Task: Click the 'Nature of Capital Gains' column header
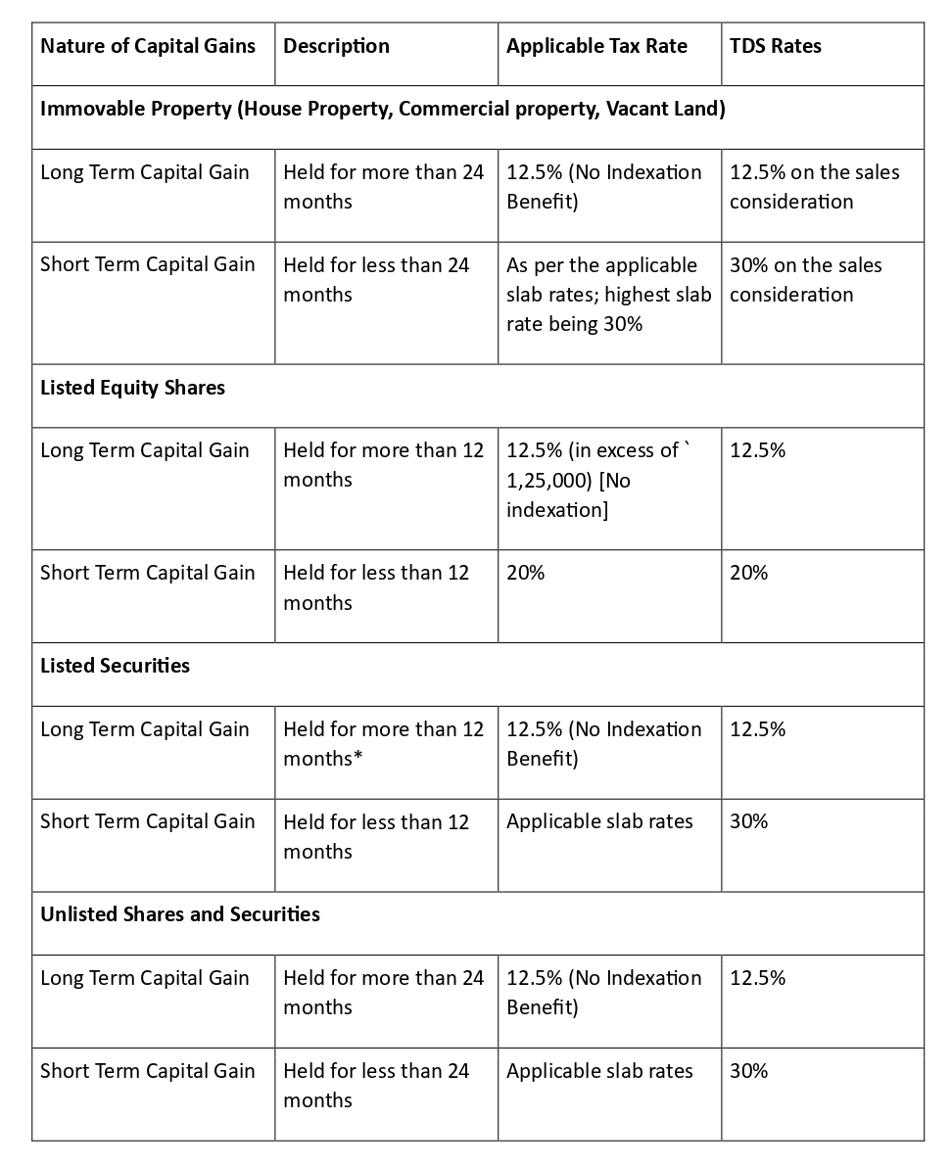click(148, 46)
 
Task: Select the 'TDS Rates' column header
click(776, 46)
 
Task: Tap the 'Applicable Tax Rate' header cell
click(596, 46)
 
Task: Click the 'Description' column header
click(336, 46)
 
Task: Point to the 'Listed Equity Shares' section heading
click(132, 388)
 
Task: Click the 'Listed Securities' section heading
click(115, 666)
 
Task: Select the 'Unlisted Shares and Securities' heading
click(179, 914)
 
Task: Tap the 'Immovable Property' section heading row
click(382, 109)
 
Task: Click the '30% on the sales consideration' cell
click(805, 280)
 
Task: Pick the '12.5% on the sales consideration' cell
click(814, 187)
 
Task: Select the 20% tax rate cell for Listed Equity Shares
click(526, 573)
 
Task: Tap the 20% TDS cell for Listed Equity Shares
click(749, 573)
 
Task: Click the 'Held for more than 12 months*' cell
click(383, 744)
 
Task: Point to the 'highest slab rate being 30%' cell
click(608, 295)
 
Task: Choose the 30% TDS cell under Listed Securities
click(749, 821)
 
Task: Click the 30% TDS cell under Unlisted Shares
click(749, 1071)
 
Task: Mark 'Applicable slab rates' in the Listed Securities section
click(599, 821)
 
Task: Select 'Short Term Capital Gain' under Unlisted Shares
click(147, 1071)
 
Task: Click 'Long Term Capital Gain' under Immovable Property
click(144, 172)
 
